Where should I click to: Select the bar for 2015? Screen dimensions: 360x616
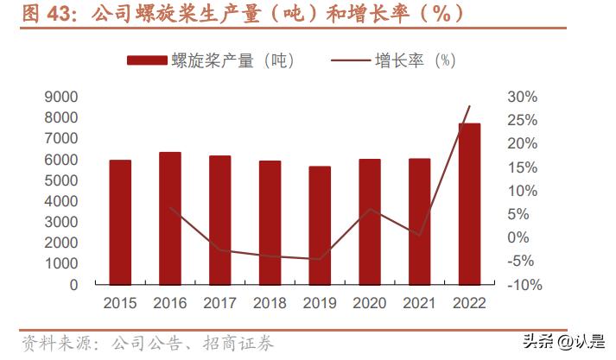pyautogui.click(x=120, y=222)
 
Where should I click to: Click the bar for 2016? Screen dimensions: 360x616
pyautogui.click(x=170, y=218)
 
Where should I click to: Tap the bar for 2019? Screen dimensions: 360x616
pyautogui.click(x=320, y=225)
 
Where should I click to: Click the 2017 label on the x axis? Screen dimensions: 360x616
pyautogui.click(x=220, y=303)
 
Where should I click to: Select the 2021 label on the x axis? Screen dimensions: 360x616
pyautogui.click(x=420, y=303)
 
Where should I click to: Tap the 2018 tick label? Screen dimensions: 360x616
pyautogui.click(x=270, y=303)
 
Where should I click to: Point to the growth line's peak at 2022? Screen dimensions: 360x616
pyautogui.click(x=469, y=106)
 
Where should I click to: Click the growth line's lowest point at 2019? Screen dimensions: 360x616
pyautogui.click(x=320, y=259)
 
